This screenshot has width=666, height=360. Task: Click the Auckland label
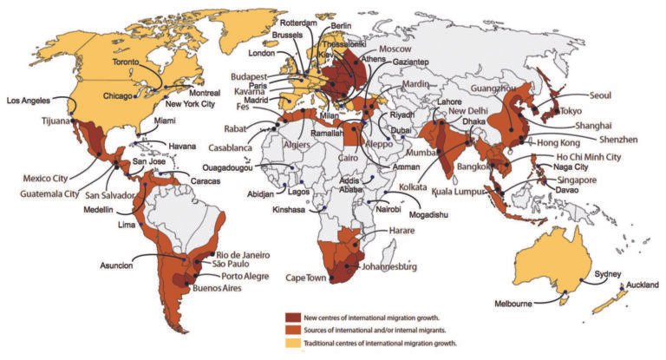tap(642, 285)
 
